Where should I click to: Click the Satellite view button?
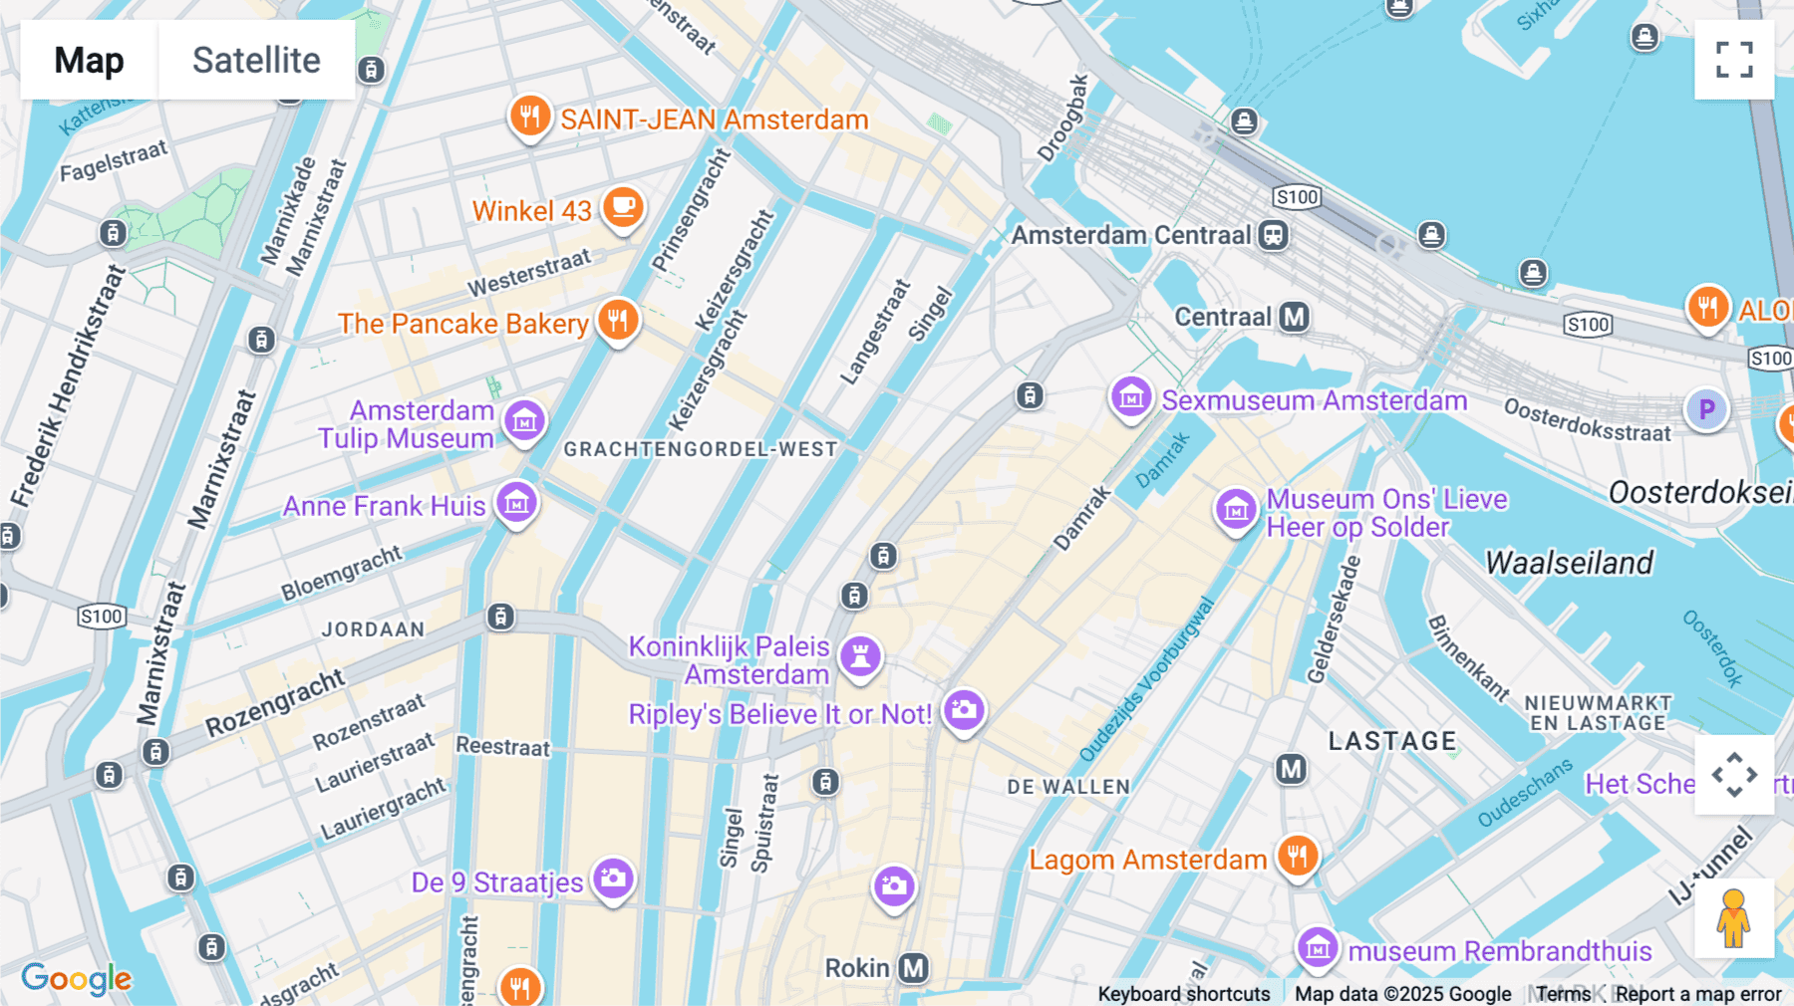256,60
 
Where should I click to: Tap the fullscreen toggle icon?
1734,60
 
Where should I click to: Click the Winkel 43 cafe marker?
624,207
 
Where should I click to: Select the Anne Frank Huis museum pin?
516,503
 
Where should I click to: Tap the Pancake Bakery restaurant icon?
618,321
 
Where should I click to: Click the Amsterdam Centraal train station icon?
1273,235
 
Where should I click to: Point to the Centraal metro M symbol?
1294,317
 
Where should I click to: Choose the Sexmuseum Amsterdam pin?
1131,398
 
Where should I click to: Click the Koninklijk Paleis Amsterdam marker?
861,656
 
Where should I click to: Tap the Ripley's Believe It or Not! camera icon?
964,710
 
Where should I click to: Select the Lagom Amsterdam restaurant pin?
1297,856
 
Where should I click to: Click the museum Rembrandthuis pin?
1318,947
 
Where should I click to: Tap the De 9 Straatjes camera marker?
613,879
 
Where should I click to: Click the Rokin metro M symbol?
913,967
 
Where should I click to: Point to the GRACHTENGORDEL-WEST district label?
701,449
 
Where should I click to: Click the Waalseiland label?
1569,563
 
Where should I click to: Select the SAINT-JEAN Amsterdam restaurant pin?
530,117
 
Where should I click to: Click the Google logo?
76,979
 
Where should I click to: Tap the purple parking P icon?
1706,408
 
